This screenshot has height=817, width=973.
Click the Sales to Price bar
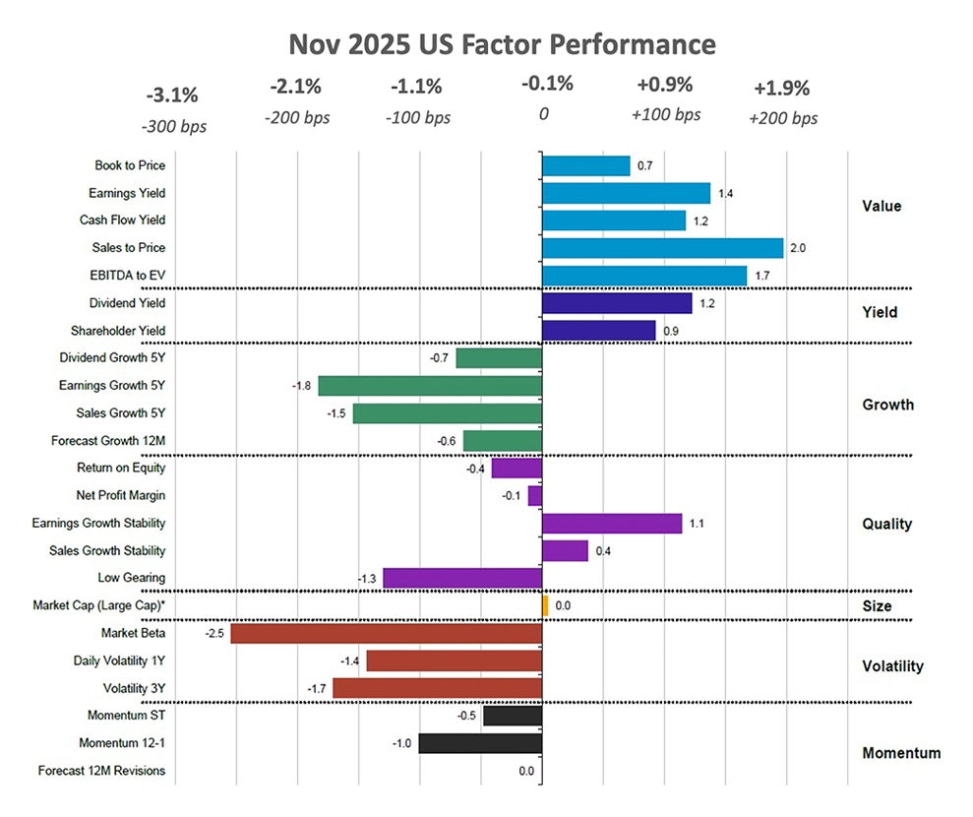tap(662, 248)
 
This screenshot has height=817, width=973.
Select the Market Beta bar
tap(387, 634)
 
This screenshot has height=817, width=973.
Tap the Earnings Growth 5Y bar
tap(430, 386)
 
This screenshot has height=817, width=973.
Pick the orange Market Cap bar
tap(545, 605)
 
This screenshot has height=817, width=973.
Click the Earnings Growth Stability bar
tap(612, 524)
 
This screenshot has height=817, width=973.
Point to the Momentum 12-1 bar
tap(480, 743)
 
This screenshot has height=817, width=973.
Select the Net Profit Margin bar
tap(535, 496)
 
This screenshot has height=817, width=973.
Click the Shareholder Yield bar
tap(599, 331)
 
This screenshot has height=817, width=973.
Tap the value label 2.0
tap(798, 249)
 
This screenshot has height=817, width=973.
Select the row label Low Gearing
tap(132, 578)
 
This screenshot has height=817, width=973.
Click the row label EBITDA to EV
tap(128, 276)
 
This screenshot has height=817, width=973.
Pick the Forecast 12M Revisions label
tap(101, 771)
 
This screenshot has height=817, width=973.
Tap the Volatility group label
tap(892, 666)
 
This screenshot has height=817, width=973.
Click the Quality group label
tap(886, 524)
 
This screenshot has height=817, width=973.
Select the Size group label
tap(877, 606)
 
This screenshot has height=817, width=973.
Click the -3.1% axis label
tap(172, 95)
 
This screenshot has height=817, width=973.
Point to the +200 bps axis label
tap(782, 119)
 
